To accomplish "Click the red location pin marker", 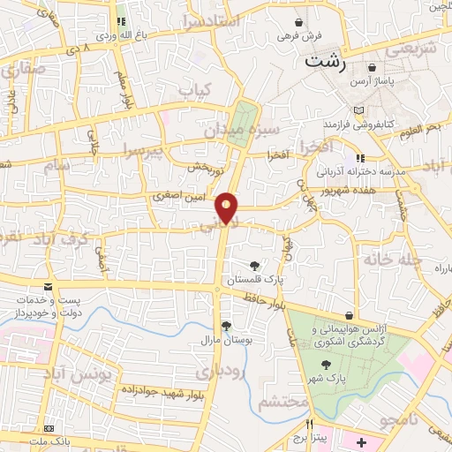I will [x=227, y=207].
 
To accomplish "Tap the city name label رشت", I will [x=325, y=63].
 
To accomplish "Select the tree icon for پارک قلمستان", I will [x=255, y=265].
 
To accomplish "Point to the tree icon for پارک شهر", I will [x=326, y=363].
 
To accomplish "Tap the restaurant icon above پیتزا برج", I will [x=308, y=424].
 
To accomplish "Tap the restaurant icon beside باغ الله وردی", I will [x=122, y=20].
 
